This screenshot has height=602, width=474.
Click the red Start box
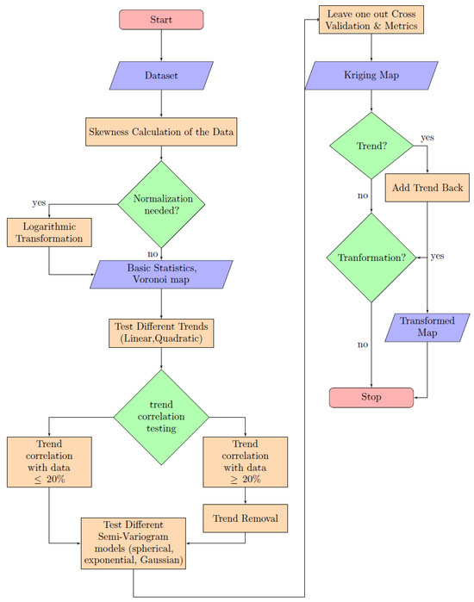coord(161,19)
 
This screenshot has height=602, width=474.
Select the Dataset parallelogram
coord(161,76)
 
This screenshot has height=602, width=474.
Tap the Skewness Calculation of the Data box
coord(161,133)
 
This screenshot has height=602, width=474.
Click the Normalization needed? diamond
coord(161,204)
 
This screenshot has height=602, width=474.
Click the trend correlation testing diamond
coord(161,415)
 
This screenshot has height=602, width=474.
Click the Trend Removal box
coord(246,518)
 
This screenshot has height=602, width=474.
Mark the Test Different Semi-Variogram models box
coord(134,540)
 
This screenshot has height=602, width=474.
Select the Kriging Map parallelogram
coord(371,75)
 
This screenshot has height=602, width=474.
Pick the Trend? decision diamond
coord(371,146)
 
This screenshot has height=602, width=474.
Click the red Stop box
coord(371,397)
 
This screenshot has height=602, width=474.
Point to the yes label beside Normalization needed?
coord(40,203)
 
